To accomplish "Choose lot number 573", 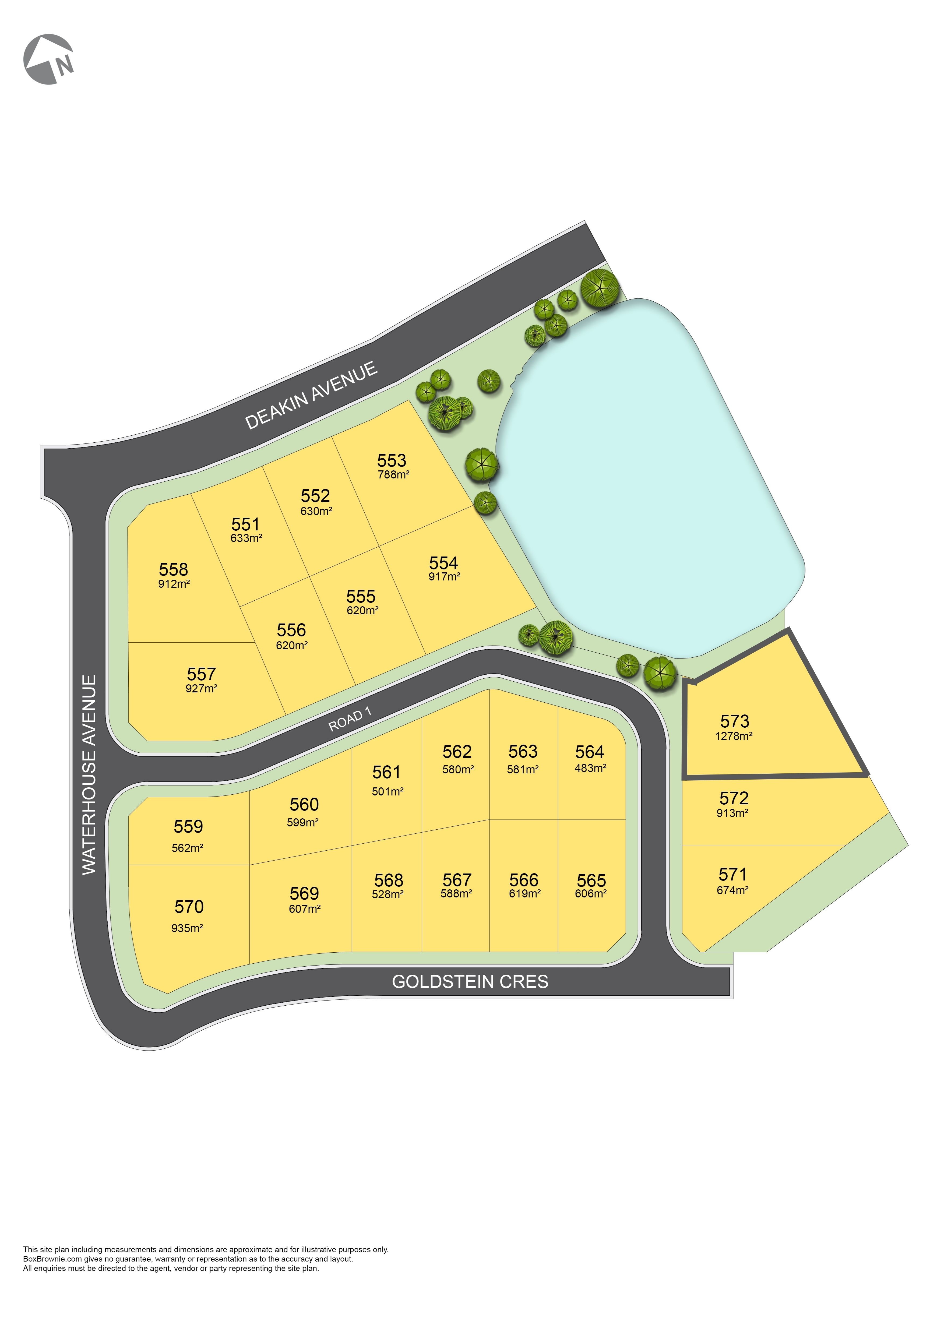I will click(x=734, y=721).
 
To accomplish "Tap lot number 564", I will click(x=589, y=752).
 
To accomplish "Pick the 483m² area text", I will click(x=590, y=768).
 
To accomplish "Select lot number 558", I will click(x=173, y=569).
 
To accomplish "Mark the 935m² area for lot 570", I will click(x=187, y=928).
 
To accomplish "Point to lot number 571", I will click(x=732, y=875).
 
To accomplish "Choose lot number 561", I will click(x=386, y=772).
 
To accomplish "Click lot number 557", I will click(x=201, y=674).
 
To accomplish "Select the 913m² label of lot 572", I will click(x=732, y=813).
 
